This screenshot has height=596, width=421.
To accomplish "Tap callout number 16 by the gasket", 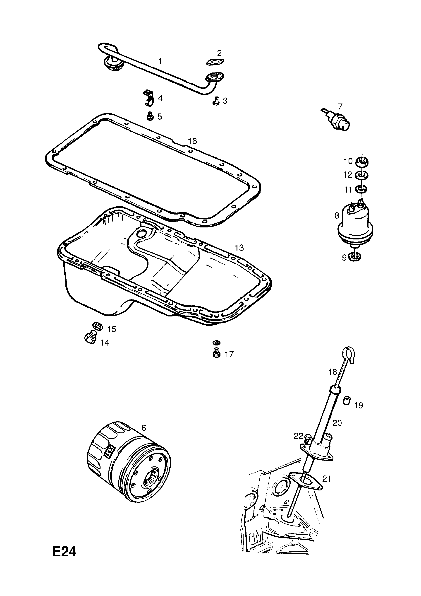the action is [x=192, y=141].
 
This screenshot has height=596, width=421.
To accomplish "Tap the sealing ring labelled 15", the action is [x=98, y=326].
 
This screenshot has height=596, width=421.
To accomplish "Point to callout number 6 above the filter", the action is [x=144, y=427].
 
